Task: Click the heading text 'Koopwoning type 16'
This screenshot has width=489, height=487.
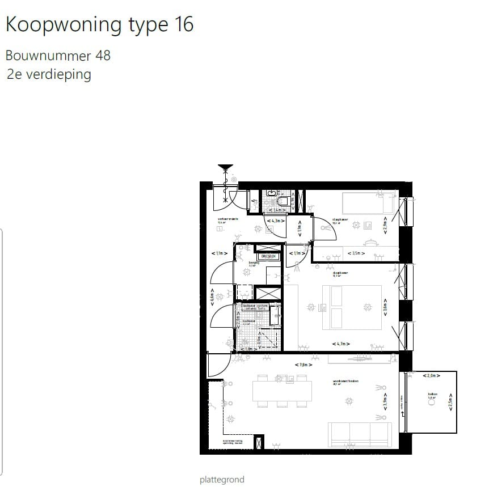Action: pos(99,24)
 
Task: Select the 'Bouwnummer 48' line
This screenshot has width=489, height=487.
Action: pos(58,56)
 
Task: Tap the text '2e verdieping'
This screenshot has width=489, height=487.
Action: pos(49,74)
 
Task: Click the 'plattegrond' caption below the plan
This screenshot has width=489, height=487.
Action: pos(222,480)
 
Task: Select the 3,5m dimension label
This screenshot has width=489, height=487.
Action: pos(357,253)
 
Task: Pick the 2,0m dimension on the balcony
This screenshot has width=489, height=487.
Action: pos(429,375)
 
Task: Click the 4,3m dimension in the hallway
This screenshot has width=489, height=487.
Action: pos(276,220)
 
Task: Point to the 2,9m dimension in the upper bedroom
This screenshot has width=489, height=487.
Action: pos(385,224)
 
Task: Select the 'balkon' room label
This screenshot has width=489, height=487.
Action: pos(432,395)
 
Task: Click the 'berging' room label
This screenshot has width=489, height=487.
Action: pos(254,263)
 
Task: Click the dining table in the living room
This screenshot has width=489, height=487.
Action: pos(282,389)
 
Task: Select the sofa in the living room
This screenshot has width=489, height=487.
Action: pos(360,434)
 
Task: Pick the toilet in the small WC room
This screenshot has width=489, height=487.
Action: pos(281,200)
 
